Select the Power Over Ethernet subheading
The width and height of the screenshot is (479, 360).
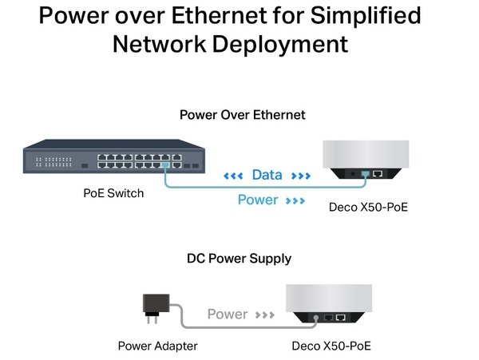(242, 115)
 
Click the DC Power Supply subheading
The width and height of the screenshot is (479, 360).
(239, 259)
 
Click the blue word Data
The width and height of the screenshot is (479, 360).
(267, 175)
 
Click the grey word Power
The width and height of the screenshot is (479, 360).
(228, 314)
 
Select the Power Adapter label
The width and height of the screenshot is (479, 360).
(157, 346)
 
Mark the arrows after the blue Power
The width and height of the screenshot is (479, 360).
(294, 200)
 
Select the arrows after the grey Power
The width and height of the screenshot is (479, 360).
(265, 315)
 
